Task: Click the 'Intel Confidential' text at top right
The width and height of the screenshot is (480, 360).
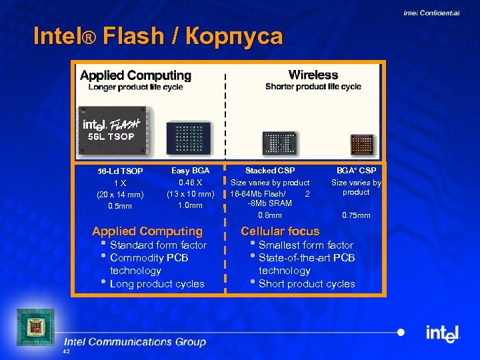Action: [x=431, y=13]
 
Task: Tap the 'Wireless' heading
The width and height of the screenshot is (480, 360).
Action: [x=313, y=75]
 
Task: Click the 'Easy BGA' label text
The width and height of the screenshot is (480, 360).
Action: [x=190, y=171]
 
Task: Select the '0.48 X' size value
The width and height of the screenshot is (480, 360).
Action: [x=191, y=182]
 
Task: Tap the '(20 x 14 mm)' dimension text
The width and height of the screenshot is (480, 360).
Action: [x=120, y=195]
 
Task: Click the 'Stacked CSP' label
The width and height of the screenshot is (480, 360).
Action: [x=270, y=171]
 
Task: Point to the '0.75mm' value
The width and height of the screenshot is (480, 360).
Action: [x=356, y=215]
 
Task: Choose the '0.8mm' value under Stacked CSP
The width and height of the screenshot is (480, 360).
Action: [x=270, y=215]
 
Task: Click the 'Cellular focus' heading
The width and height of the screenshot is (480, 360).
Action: [x=280, y=231]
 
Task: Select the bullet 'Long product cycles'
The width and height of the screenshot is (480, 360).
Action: [x=157, y=284]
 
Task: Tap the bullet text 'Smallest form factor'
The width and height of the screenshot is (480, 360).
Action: [x=306, y=245]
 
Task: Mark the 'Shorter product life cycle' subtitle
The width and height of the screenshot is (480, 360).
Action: [x=313, y=87]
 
